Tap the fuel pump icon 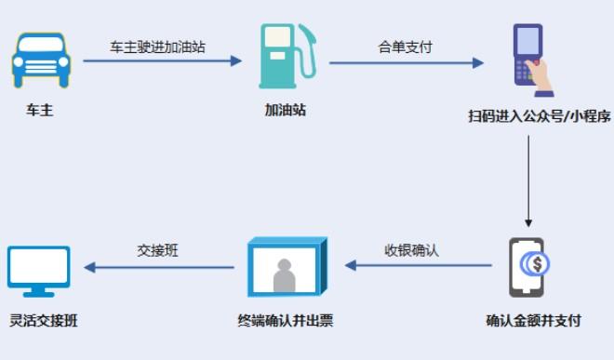tap(285, 57)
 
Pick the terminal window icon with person tap(287, 268)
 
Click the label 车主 tap(40, 111)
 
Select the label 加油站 tap(285, 111)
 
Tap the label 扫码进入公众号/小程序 tap(539, 116)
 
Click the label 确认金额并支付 tap(534, 321)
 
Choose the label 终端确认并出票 tap(286, 321)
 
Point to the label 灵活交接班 tap(43, 321)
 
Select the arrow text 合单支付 tap(406, 47)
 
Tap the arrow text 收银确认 tap(412, 250)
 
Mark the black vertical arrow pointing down tap(528, 181)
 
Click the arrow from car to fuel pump tap(162, 62)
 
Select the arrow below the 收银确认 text tap(418, 265)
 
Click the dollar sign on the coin tap(539, 263)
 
